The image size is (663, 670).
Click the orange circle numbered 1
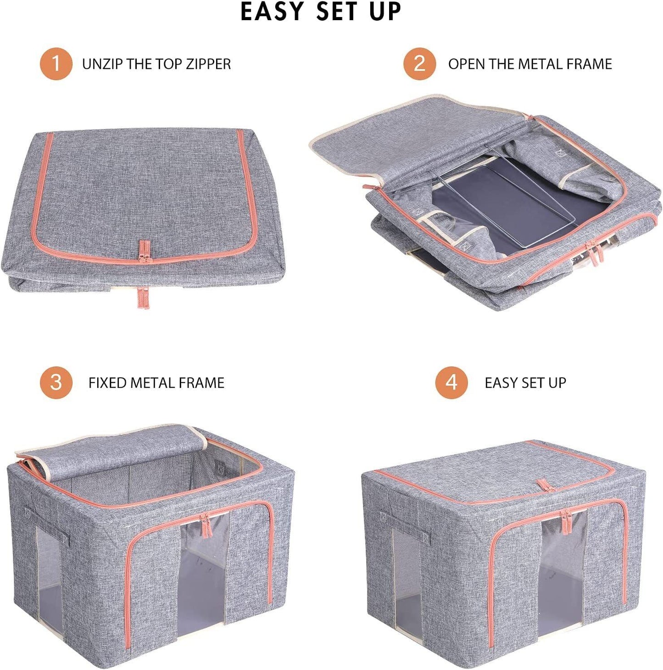point(56,63)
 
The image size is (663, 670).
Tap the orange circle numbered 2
point(419,63)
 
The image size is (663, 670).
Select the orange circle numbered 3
point(56,382)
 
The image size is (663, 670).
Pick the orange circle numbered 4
point(451,382)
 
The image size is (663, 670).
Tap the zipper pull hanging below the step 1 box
point(144,298)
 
